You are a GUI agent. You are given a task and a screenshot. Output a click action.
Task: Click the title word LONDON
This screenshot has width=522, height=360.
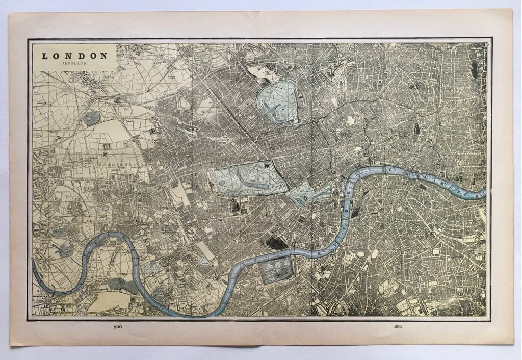tap(74, 56)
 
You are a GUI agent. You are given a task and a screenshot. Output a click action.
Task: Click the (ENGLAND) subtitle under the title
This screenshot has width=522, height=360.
tap(75, 63)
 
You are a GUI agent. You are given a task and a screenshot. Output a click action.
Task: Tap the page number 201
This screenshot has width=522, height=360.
tap(397, 326)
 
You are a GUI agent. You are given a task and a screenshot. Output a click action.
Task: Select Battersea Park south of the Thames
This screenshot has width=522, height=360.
tap(276, 270)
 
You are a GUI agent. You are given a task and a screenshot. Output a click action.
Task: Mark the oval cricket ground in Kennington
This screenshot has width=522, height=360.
tap(360, 253)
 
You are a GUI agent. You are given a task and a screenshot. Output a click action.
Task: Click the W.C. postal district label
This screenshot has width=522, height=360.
tap(347, 134)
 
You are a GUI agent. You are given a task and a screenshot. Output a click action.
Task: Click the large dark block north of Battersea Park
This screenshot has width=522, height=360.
tap(277, 243)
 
